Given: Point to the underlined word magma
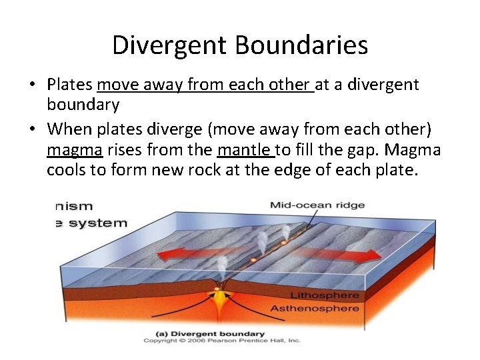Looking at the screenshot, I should (74, 149).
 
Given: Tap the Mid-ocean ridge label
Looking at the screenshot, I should (317, 205).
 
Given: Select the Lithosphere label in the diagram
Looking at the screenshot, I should (324, 295).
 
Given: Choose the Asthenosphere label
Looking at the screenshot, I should (314, 309).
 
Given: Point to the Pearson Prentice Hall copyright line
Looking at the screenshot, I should (222, 341).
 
